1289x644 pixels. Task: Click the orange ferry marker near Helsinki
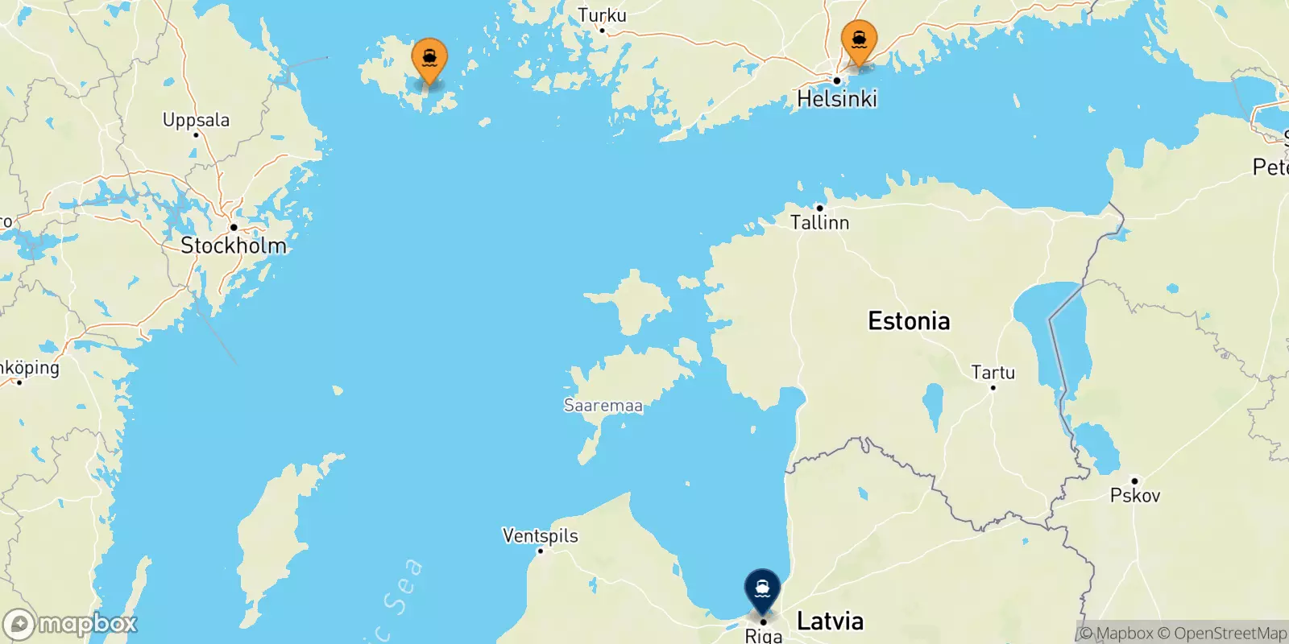point(859,40)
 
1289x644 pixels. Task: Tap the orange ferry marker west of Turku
point(429,59)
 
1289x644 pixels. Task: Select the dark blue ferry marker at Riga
point(762,589)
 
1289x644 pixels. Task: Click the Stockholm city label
point(234,246)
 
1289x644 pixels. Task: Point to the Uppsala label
point(196,120)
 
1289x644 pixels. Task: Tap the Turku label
point(602,15)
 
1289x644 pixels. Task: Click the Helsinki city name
point(837,99)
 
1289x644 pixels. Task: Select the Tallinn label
point(819,222)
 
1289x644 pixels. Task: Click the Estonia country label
point(909,321)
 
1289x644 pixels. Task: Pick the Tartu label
point(993,372)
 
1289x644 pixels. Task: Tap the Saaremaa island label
point(603,406)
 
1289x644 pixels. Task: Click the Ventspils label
point(540,535)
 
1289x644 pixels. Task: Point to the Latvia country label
point(830,621)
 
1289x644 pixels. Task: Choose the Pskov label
point(1135,495)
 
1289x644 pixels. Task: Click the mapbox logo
point(71,624)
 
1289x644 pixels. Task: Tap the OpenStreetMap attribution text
point(1230,634)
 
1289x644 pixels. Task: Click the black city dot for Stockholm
point(234,227)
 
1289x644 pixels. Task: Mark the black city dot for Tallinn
point(819,208)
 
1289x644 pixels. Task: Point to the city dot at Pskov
point(1134,481)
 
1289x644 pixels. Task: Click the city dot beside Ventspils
point(541,551)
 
